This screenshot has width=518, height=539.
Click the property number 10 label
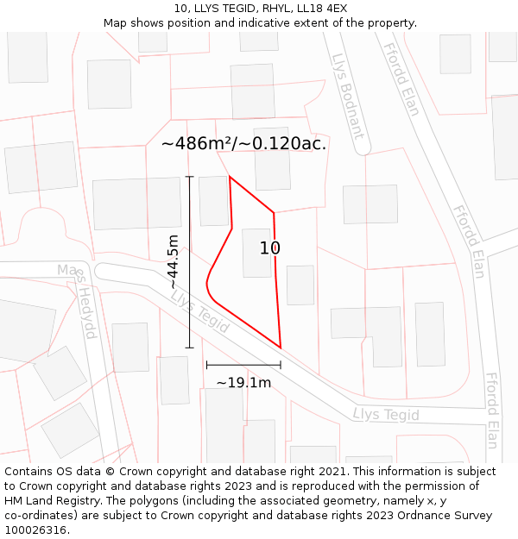coord(270,248)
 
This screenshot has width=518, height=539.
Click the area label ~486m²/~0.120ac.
coord(243,143)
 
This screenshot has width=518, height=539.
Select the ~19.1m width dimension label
coord(243,382)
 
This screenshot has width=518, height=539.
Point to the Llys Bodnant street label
coord(348,96)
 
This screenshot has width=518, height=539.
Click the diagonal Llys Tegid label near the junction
coord(200,311)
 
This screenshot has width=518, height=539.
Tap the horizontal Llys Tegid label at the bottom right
coord(386,415)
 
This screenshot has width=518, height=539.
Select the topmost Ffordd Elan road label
coord(402,79)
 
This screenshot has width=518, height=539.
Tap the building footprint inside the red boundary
coord(257,253)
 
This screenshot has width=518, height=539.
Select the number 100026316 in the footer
coord(35,530)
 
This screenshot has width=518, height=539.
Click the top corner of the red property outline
coord(230,177)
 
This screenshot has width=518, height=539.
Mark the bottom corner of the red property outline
coord(281,348)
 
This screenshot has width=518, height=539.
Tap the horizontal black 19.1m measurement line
coord(243,365)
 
